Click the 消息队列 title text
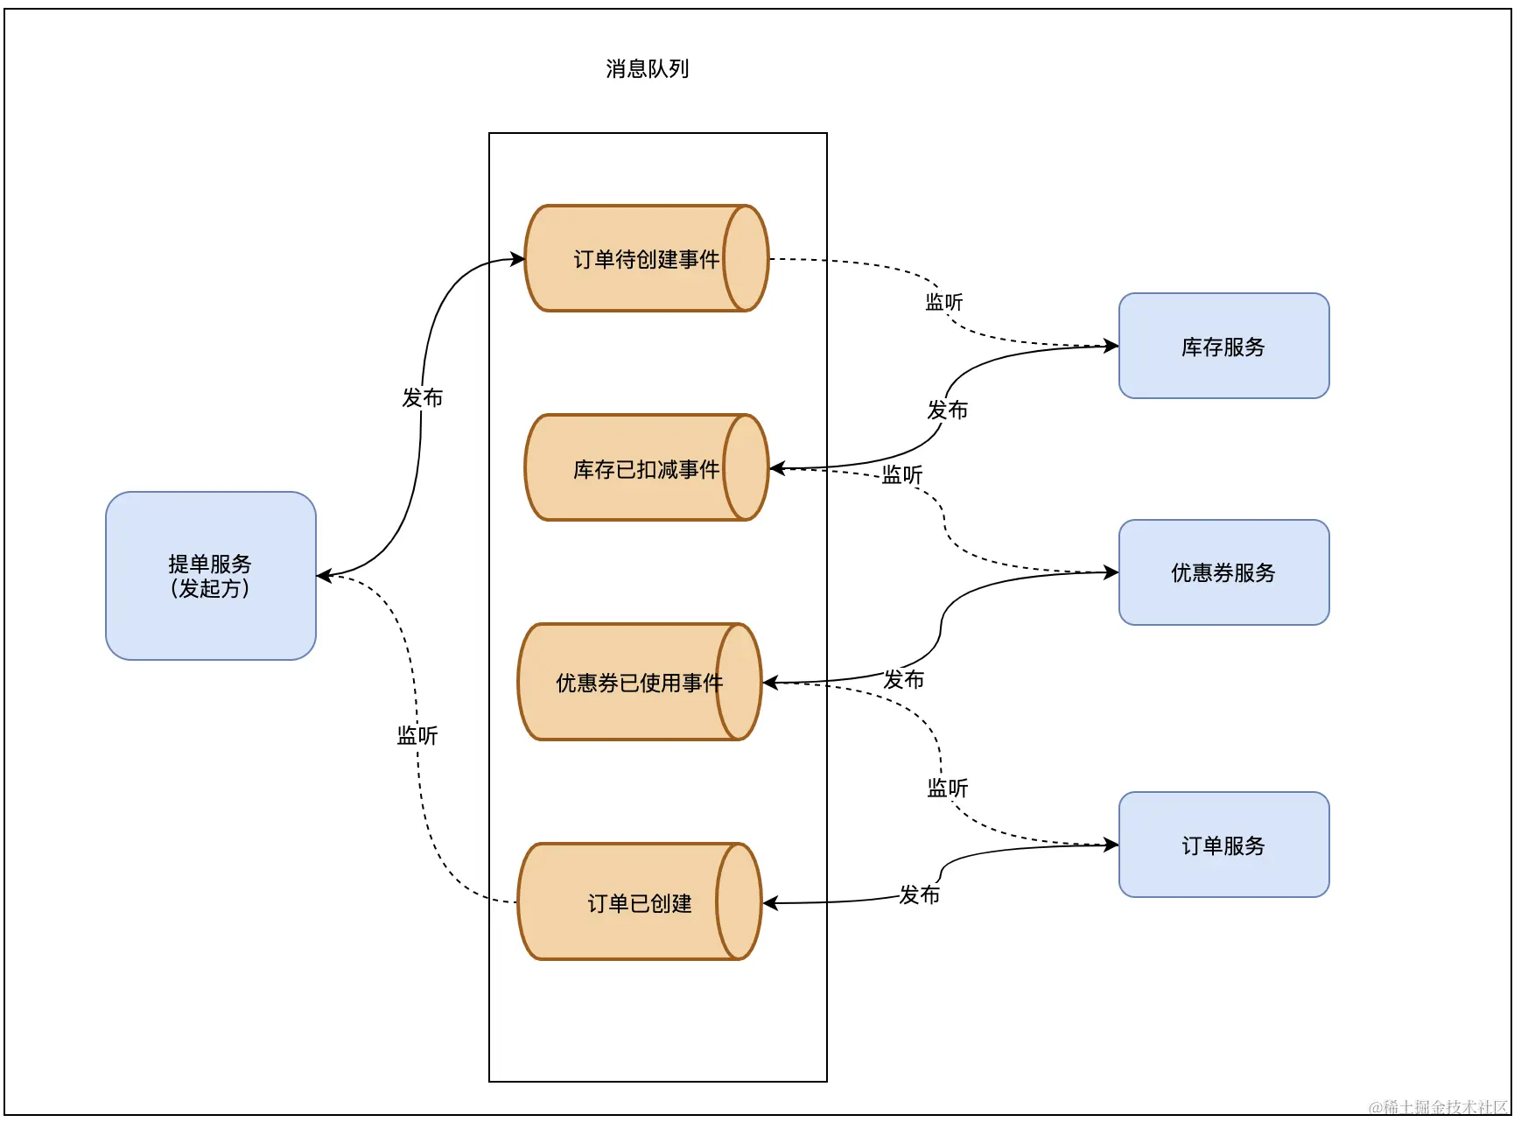647,69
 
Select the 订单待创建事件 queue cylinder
646,259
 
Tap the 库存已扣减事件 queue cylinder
646,468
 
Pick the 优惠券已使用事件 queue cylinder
639,682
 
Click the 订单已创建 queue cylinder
639,902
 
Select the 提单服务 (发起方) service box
210,575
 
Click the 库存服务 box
1223,347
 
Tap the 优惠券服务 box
1223,572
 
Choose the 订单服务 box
1223,845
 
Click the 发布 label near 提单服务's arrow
423,397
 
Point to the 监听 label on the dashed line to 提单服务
417,735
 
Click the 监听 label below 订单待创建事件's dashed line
943,302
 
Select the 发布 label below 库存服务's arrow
947,410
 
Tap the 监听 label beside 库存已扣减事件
901,474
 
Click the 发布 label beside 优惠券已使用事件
903,679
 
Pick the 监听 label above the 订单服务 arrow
947,788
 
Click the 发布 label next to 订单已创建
919,894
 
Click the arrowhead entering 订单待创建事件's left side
518,258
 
